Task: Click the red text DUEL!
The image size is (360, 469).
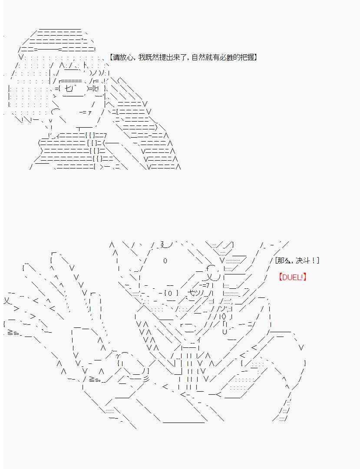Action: click(293, 277)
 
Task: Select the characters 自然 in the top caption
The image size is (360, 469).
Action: click(198, 57)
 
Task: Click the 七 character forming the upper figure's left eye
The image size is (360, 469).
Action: click(68, 89)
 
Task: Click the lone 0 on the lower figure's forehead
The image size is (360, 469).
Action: click(165, 261)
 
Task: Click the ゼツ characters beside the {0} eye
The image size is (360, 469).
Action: click(195, 293)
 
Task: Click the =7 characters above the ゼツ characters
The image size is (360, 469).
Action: click(205, 285)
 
